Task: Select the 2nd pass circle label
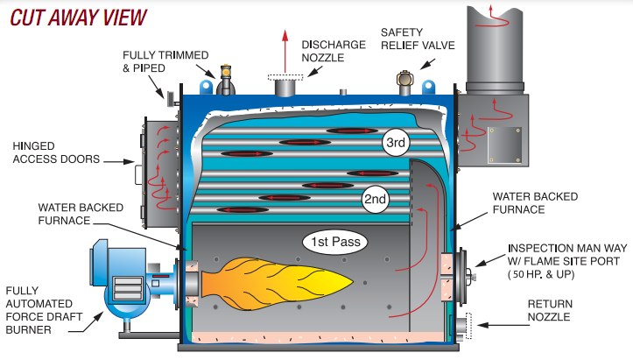pos(375,200)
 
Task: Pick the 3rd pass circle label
pos(396,143)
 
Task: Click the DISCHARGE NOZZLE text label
pos(328,51)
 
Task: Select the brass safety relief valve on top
pos(405,86)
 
